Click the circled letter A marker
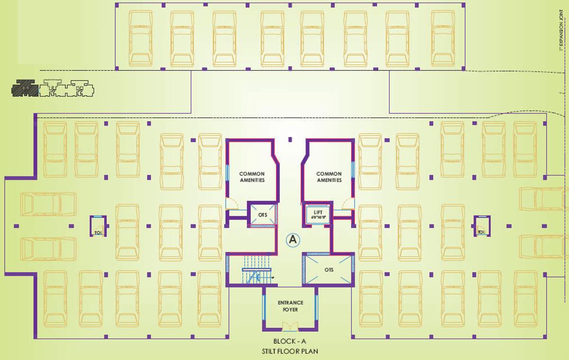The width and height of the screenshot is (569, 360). tap(293, 240)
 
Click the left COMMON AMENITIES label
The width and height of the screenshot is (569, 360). tap(252, 177)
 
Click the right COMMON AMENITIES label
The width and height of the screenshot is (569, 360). tap(329, 177)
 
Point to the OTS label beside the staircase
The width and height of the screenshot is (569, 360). tap(263, 214)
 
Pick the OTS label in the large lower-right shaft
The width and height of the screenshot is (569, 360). tap(329, 269)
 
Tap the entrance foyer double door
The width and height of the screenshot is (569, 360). tap(289, 326)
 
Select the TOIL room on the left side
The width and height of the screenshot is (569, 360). tap(98, 227)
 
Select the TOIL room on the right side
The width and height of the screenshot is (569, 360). tap(481, 226)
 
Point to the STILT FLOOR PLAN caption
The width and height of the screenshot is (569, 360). tap(290, 351)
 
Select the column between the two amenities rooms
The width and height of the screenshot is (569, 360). tap(290, 139)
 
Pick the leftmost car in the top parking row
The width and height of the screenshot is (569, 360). tap(141, 38)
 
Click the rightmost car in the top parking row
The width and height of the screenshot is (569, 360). tap(443, 38)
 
